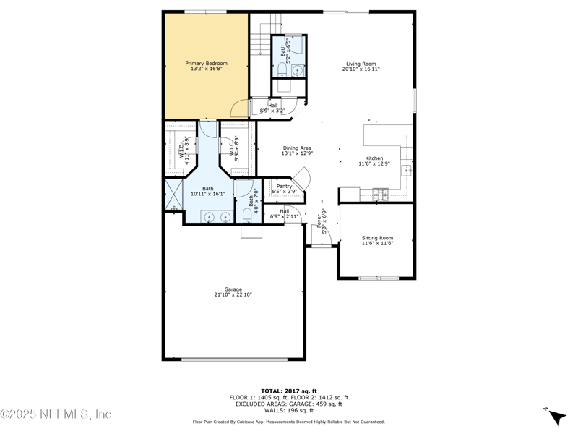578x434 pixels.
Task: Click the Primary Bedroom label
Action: (x=206, y=64)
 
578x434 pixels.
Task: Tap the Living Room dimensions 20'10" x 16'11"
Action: (x=362, y=69)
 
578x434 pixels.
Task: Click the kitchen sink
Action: (x=407, y=171)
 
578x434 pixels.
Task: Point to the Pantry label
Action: (x=284, y=186)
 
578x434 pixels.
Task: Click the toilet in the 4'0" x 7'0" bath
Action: (x=246, y=214)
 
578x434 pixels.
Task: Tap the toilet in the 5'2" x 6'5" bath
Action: (x=280, y=69)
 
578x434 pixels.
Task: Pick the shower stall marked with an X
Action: (x=173, y=195)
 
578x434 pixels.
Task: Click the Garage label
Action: (x=233, y=289)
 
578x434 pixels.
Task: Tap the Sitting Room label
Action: (x=377, y=238)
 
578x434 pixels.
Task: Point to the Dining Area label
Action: (x=297, y=148)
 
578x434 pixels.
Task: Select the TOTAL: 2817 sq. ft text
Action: (x=289, y=391)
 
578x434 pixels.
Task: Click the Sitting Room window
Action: (x=379, y=278)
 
